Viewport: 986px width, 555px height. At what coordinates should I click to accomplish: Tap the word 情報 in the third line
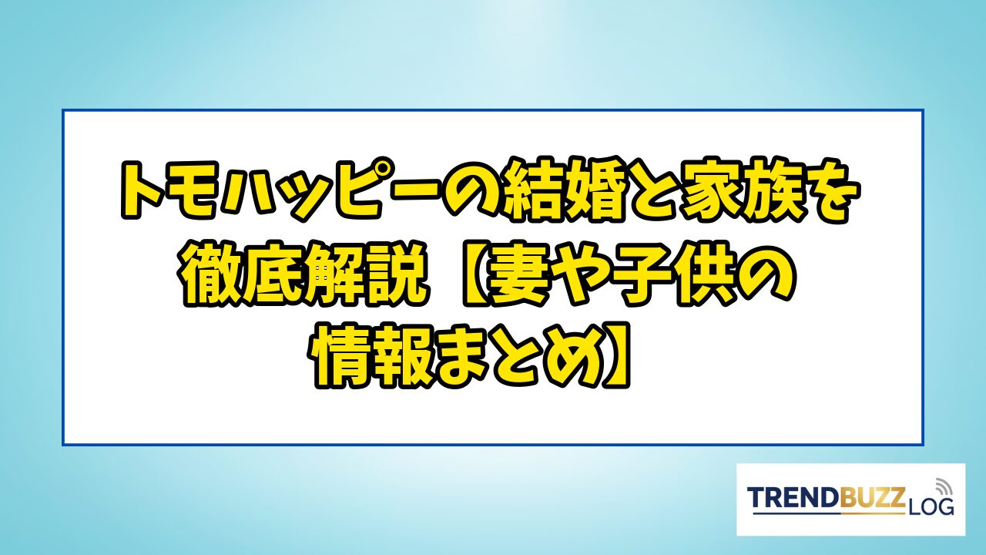(x=374, y=356)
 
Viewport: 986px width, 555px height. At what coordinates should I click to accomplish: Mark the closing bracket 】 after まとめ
(x=616, y=356)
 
